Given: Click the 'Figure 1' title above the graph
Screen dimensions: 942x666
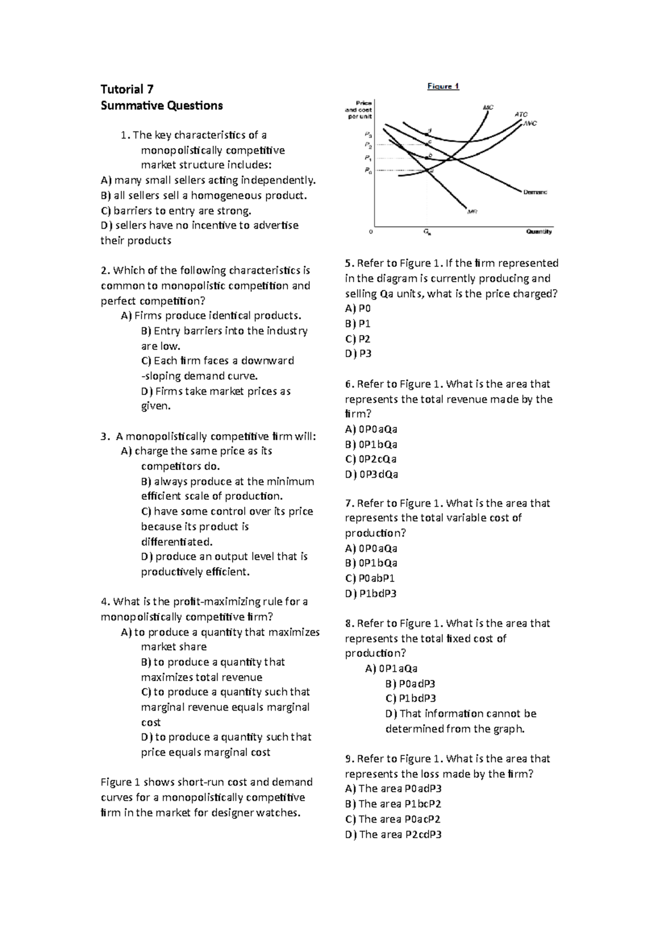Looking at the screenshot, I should (442, 86).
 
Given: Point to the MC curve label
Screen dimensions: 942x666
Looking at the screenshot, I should (488, 107).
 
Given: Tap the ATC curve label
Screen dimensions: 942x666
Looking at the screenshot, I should (521, 114).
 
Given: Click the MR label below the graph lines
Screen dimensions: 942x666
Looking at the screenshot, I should (472, 211).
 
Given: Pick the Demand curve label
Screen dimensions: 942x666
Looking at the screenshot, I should (535, 192).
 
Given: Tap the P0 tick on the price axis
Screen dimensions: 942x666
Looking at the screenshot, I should (368, 171).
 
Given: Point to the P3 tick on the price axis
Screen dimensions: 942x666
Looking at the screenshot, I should (368, 134).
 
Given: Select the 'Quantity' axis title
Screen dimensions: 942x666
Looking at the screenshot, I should (538, 231).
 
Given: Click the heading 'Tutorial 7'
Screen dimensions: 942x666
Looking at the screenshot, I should (127, 89).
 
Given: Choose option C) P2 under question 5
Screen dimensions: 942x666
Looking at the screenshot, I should (357, 338).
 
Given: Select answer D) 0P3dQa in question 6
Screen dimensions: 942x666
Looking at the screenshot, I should (371, 474).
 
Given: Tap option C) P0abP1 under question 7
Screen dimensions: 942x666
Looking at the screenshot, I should (370, 578).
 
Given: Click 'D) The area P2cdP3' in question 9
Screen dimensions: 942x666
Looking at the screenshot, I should (393, 834).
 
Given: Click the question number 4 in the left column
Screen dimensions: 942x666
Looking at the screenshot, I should (104, 602).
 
